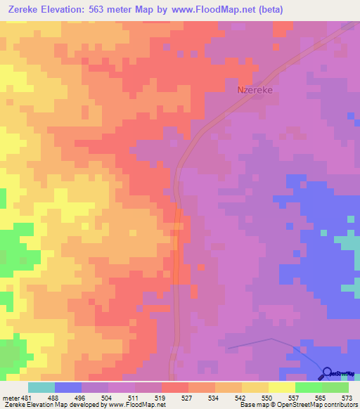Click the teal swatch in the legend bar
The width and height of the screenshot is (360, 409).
[41, 387]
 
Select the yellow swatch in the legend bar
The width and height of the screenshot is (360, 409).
[281, 387]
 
